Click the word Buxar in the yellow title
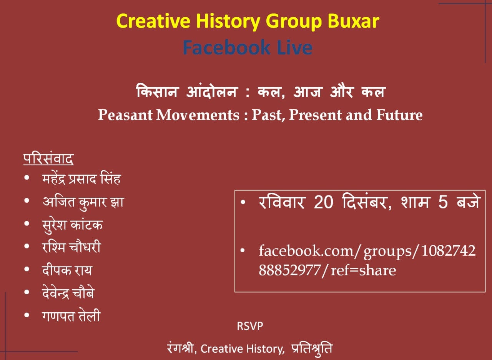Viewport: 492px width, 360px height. point(353,21)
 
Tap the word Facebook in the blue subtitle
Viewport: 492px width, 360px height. point(226,47)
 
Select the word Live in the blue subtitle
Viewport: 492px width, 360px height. point(295,47)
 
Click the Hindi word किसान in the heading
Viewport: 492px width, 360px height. point(157,91)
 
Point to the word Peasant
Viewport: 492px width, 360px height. point(125,115)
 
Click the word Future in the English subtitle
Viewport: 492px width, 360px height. point(399,115)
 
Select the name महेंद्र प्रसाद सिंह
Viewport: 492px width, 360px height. point(81,179)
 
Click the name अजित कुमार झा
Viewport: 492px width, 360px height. point(83,202)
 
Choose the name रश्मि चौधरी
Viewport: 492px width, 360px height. point(71,247)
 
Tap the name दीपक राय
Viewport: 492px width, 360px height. point(67,270)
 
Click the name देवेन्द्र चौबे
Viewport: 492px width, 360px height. point(68,293)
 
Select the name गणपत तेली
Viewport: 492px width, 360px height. point(71,316)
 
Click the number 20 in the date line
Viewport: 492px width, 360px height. point(323,202)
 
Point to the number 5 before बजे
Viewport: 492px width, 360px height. point(443,202)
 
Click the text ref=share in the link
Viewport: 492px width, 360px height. point(363,270)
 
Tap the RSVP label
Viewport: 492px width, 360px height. point(250,326)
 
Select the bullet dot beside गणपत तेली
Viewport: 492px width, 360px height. point(27,315)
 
